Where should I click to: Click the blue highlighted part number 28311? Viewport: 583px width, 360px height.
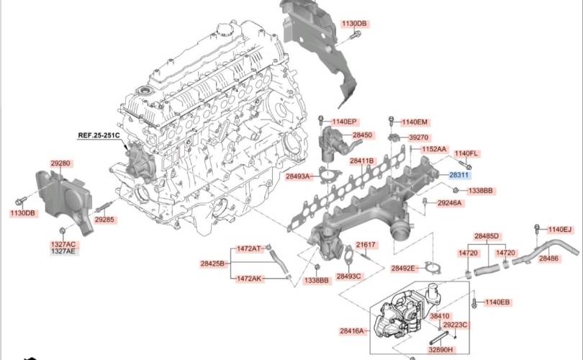coord(459,175)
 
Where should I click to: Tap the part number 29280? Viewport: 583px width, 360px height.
coord(60,164)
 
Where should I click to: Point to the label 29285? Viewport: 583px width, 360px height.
coord(104,219)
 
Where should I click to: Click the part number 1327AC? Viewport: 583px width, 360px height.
coord(62,245)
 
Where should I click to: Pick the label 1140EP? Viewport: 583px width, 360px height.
coord(344,122)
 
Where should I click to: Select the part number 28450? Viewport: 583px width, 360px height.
coord(363,135)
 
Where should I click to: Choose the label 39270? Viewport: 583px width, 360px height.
coord(419,138)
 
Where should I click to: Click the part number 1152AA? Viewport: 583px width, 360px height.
coord(434,149)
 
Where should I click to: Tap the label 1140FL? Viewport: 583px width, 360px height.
coord(466,153)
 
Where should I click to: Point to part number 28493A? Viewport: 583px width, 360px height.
coord(297,176)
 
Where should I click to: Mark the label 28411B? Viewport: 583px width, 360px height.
coord(361,161)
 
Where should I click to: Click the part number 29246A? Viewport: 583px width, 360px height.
coord(450,203)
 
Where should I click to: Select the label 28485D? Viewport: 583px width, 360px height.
coord(487,236)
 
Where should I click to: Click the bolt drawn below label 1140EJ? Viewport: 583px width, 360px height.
coord(537,231)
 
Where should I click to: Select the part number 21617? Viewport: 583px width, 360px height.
coord(366,246)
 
